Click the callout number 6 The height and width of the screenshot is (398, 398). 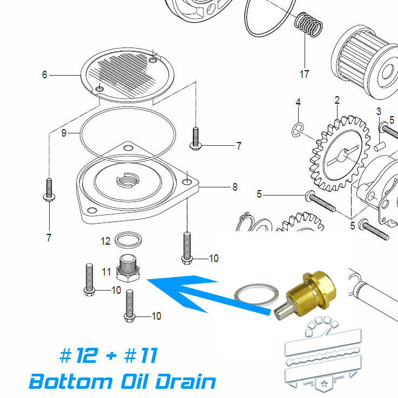(45, 75)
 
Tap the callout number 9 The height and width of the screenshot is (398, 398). (64, 132)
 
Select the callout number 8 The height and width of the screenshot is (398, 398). (235, 187)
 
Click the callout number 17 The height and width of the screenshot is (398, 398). (304, 74)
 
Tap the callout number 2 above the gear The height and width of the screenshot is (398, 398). (337, 100)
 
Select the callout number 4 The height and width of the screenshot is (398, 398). (298, 102)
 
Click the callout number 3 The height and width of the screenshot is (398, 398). (379, 112)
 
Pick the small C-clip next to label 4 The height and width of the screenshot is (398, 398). (297, 128)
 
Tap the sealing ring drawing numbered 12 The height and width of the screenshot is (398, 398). (130, 239)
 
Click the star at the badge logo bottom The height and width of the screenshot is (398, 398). (324, 384)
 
